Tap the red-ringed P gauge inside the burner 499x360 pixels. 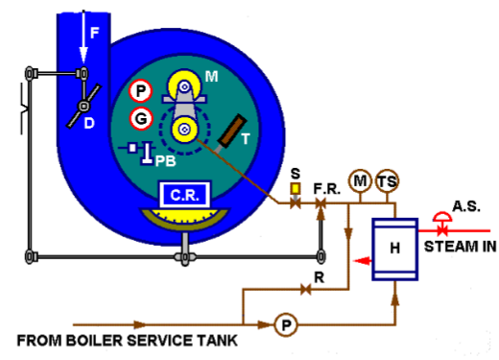pyautogui.click(x=140, y=91)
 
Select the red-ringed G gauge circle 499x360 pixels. pyautogui.click(x=140, y=120)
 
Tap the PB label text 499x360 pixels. pyautogui.click(x=165, y=162)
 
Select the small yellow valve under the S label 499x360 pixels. pyautogui.click(x=295, y=190)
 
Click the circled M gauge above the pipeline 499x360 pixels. pyautogui.click(x=360, y=181)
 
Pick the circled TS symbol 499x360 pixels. pyautogui.click(x=388, y=181)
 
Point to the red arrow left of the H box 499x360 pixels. pyautogui.click(x=362, y=259)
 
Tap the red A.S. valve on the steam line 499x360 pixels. pyautogui.click(x=442, y=228)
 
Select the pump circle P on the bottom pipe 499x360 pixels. pyautogui.click(x=285, y=325)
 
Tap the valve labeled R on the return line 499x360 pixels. pyautogui.click(x=306, y=289)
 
